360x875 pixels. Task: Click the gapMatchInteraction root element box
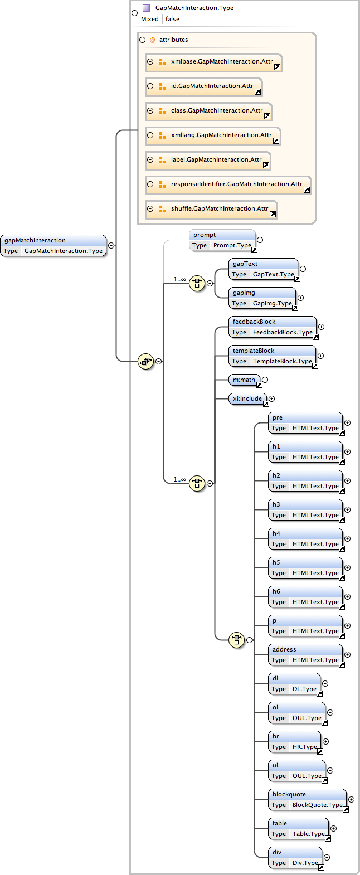pyautogui.click(x=53, y=246)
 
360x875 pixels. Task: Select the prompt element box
pyautogui.click(x=222, y=240)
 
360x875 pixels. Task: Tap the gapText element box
pyautogui.click(x=262, y=269)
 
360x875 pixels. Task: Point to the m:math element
pyautogui.click(x=244, y=380)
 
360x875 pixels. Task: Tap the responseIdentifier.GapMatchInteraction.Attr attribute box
pyautogui.click(x=228, y=184)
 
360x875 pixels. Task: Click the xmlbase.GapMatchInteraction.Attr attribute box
pyautogui.click(x=213, y=62)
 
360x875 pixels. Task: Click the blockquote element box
pyautogui.click(x=307, y=800)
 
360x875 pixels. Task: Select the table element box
pyautogui.click(x=298, y=829)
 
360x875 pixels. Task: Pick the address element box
pyautogui.click(x=305, y=655)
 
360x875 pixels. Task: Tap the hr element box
pyautogui.click(x=294, y=742)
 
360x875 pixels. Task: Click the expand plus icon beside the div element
pyautogui.click(x=327, y=857)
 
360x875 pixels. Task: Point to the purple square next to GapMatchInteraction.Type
pyautogui.click(x=147, y=8)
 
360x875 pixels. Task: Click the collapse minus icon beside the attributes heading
pyautogui.click(x=143, y=40)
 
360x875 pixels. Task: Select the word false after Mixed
pyautogui.click(x=172, y=19)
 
